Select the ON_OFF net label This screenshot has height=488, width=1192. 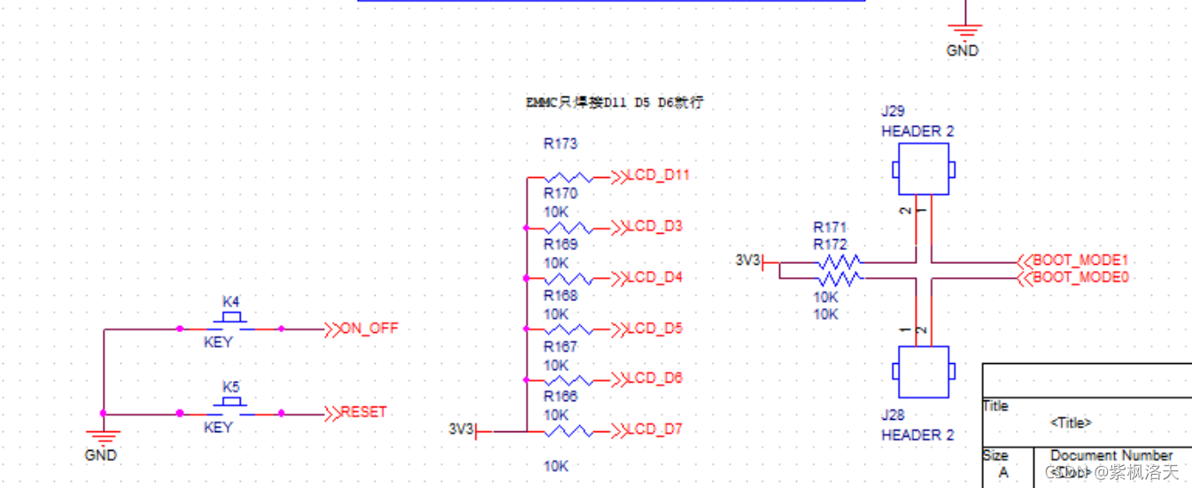(369, 329)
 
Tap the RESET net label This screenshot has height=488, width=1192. (363, 413)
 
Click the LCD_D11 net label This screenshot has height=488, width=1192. (657, 175)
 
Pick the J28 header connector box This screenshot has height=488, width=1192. (924, 372)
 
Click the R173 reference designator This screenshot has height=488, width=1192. (560, 143)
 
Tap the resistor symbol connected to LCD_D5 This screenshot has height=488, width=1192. (569, 329)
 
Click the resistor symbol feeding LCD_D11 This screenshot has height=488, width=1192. (569, 177)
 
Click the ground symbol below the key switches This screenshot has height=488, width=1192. (104, 437)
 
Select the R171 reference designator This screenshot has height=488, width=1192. (830, 228)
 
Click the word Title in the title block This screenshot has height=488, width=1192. (995, 407)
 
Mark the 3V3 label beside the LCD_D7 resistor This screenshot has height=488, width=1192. (461, 430)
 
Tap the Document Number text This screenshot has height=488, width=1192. (1111, 455)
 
